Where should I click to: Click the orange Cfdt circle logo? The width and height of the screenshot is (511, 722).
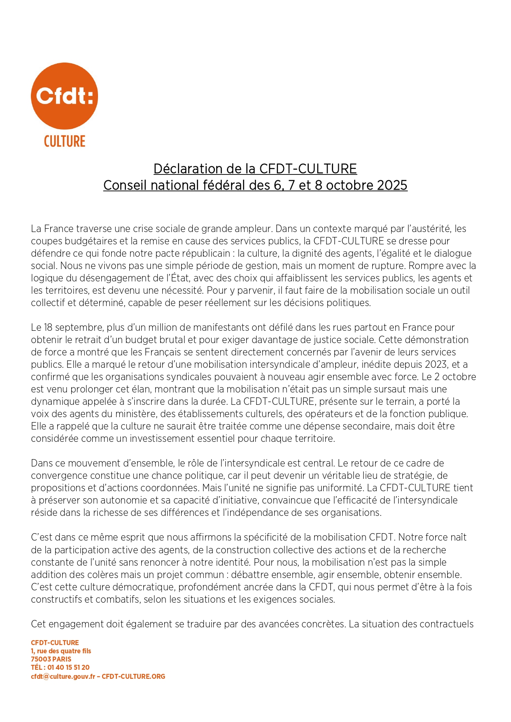pyautogui.click(x=64, y=96)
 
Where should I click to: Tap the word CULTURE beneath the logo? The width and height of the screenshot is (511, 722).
pyautogui.click(x=65, y=142)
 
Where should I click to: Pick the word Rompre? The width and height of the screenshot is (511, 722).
pyautogui.click(x=427, y=266)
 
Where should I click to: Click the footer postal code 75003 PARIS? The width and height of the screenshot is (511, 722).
pyautogui.click(x=51, y=659)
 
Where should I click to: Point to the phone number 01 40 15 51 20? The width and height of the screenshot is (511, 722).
pyautogui.click(x=68, y=667)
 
